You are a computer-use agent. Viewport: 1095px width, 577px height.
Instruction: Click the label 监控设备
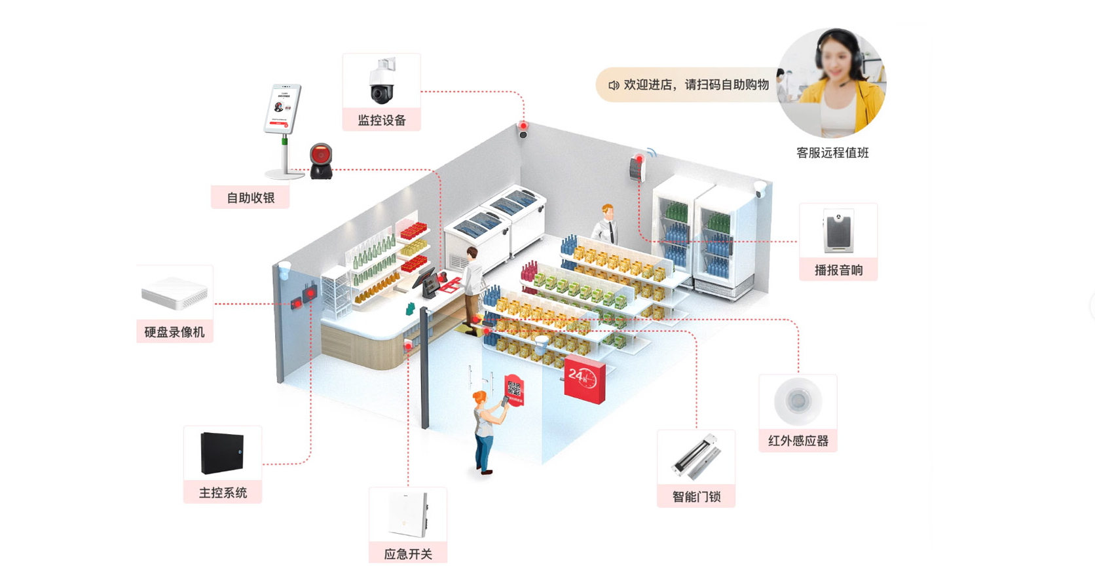click(x=382, y=121)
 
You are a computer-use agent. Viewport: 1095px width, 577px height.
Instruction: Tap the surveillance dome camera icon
click(x=382, y=81)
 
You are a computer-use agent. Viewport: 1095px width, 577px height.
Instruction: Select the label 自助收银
click(x=250, y=198)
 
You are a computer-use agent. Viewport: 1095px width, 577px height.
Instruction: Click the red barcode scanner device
click(x=321, y=160)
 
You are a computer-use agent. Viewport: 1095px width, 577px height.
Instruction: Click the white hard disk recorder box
click(x=174, y=292)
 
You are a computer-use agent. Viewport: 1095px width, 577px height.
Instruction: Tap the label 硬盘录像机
click(x=174, y=332)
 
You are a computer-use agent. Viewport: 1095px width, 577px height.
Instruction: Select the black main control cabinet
click(x=222, y=453)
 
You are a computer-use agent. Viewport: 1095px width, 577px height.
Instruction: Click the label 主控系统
click(x=223, y=493)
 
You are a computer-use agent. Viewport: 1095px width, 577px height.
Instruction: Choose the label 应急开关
click(x=408, y=554)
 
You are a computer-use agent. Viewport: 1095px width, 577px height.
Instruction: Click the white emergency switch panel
click(x=408, y=514)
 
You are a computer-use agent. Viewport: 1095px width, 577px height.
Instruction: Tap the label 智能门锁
click(x=696, y=496)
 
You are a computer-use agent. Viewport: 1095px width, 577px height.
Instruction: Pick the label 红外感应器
click(x=798, y=441)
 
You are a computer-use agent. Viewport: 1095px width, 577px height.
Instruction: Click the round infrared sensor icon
click(x=797, y=400)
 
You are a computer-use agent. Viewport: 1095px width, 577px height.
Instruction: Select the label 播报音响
click(x=838, y=270)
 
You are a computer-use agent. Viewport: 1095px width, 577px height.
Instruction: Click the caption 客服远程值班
click(x=832, y=153)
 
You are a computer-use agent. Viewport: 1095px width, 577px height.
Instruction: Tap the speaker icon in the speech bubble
click(x=613, y=85)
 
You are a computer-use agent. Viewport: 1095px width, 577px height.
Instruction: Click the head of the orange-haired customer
click(x=481, y=398)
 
